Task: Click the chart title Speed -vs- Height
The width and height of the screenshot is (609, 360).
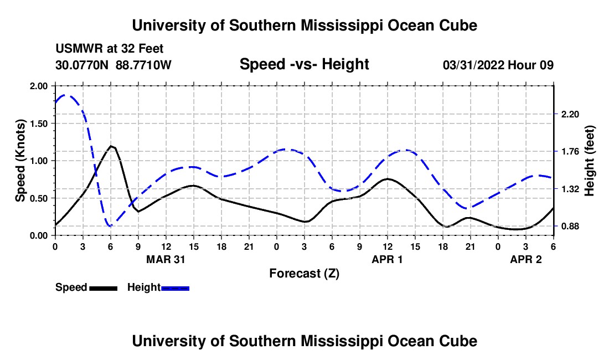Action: click(x=304, y=64)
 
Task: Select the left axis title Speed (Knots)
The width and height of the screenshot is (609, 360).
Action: click(x=21, y=161)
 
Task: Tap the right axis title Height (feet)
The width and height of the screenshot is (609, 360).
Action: click(x=589, y=161)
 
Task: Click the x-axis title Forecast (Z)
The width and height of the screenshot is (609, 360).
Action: click(x=304, y=273)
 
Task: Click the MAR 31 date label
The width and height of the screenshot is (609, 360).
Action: click(x=166, y=259)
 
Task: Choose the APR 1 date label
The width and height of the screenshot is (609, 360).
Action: click(x=387, y=259)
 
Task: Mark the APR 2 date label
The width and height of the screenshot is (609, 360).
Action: click(x=525, y=259)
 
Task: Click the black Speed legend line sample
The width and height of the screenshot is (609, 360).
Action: click(x=103, y=288)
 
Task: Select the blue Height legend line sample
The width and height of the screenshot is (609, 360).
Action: click(x=176, y=288)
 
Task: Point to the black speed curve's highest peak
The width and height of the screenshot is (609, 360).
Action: click(x=112, y=146)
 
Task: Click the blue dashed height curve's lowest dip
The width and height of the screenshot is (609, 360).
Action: click(x=110, y=225)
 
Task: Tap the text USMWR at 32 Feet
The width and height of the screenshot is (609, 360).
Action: click(x=110, y=49)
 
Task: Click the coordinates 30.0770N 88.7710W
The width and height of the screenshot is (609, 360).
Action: click(x=113, y=65)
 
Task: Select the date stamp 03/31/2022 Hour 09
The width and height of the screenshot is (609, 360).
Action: click(x=498, y=65)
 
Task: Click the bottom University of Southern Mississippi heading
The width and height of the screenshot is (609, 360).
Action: click(x=304, y=341)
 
